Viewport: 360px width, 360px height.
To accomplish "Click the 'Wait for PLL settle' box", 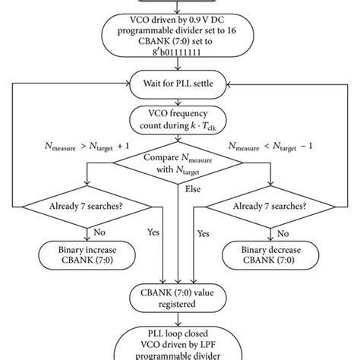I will [180, 81].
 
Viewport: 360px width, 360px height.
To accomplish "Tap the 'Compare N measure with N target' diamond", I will [179, 167].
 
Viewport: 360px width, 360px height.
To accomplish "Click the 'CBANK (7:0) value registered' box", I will [180, 296].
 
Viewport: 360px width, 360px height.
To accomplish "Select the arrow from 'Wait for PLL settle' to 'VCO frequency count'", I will [180, 98].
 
